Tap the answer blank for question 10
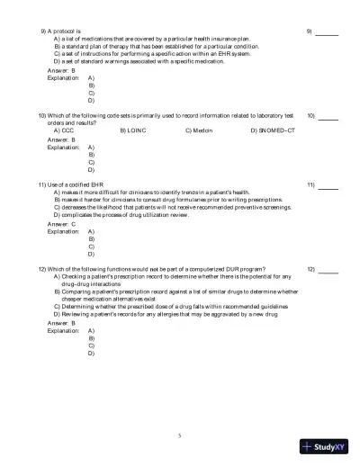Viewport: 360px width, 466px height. click(328, 119)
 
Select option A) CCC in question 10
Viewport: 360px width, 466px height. click(62, 130)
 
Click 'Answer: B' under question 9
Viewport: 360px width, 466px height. click(61, 70)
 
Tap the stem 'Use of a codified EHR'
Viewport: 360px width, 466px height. click(76, 185)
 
